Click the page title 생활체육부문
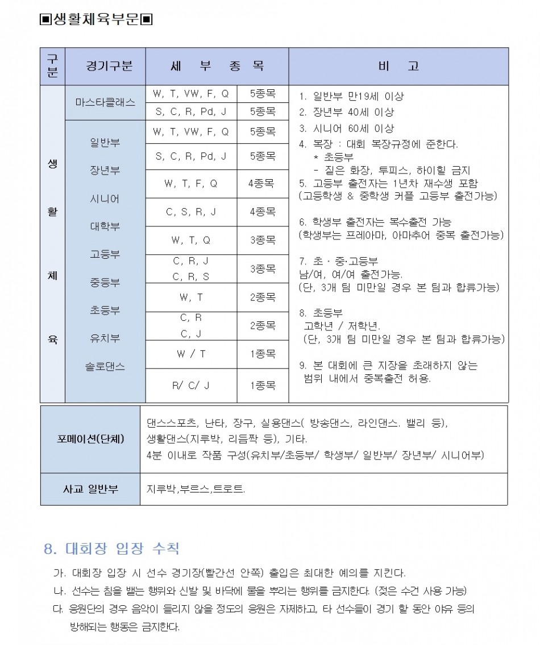coord(96,20)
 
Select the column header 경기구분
coord(105,66)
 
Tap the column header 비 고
coord(398,66)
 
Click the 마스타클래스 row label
coord(105,102)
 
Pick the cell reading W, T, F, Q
coord(190,184)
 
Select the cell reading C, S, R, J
coord(190,212)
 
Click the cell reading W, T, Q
coord(190,240)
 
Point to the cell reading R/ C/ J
coord(190,385)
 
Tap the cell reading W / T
coord(190,354)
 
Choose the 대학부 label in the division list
coord(105,226)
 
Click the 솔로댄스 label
coord(105,367)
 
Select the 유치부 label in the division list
coord(105,338)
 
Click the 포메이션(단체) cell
coord(90,439)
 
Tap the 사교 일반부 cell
coord(90,489)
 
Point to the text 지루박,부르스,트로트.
coord(196,489)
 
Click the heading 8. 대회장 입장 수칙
coord(111,549)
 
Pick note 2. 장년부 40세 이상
coord(346,112)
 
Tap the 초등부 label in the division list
coord(105,311)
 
